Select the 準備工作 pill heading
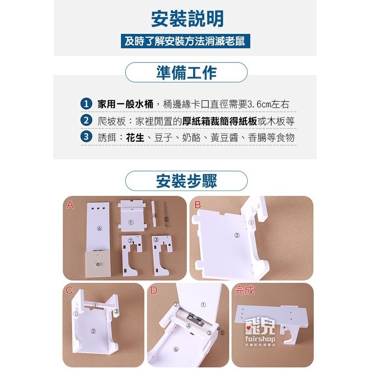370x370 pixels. pos(186,73)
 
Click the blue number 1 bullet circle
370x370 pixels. pos(86,104)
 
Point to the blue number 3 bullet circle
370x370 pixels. pos(86,137)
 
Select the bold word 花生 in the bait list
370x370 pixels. pos(135,137)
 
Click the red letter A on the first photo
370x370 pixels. pos(70,205)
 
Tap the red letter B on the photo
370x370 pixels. pos(198,205)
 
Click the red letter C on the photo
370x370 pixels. pos(70,290)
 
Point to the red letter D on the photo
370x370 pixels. pos(154,290)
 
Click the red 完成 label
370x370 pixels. pos(245,290)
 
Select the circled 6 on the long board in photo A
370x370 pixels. pos(99,228)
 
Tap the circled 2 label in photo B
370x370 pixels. pos(237,235)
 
